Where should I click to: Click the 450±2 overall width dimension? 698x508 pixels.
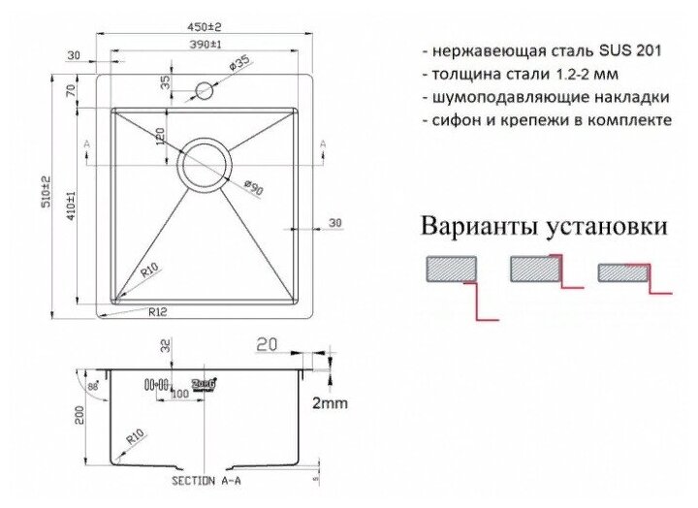pos(205,27)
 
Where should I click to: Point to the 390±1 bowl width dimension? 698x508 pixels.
pos(206,46)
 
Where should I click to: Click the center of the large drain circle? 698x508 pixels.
pos(204,166)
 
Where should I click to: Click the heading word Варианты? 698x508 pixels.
pos(466,228)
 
